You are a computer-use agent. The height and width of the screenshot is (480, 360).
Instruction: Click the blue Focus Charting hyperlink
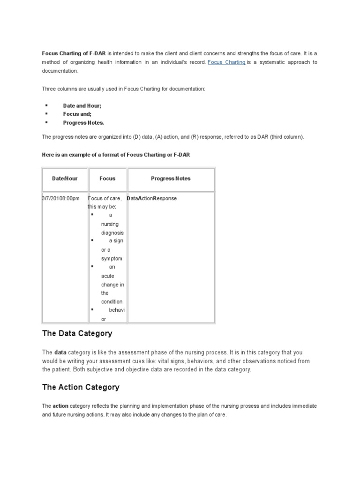[x=226, y=62]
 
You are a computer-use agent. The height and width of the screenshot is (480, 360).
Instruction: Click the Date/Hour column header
[x=65, y=179]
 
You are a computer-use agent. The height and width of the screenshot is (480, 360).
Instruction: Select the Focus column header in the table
[x=107, y=179]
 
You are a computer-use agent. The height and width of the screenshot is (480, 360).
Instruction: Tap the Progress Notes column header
[x=171, y=179]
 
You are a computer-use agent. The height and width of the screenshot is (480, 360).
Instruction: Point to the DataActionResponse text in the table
[x=152, y=198]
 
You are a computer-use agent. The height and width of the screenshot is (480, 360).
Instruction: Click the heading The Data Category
[x=77, y=334]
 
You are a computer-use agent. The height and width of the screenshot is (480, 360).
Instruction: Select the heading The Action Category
[x=81, y=387]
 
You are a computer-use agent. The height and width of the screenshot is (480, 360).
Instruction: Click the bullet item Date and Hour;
[x=82, y=106]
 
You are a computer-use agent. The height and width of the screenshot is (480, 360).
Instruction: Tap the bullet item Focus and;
[x=77, y=114]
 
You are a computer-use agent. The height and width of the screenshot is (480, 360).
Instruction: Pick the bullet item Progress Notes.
[x=83, y=123]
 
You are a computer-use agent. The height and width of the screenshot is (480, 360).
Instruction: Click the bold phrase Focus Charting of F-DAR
[x=74, y=53]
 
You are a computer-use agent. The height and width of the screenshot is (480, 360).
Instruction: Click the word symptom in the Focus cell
[x=112, y=259]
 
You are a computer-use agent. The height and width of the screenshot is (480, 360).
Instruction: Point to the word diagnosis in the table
[x=112, y=232]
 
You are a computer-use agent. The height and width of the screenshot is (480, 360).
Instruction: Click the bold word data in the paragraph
[x=60, y=352]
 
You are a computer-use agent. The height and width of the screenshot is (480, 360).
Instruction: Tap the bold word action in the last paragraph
[x=60, y=405]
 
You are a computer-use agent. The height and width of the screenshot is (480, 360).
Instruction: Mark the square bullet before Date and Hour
[x=47, y=105]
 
